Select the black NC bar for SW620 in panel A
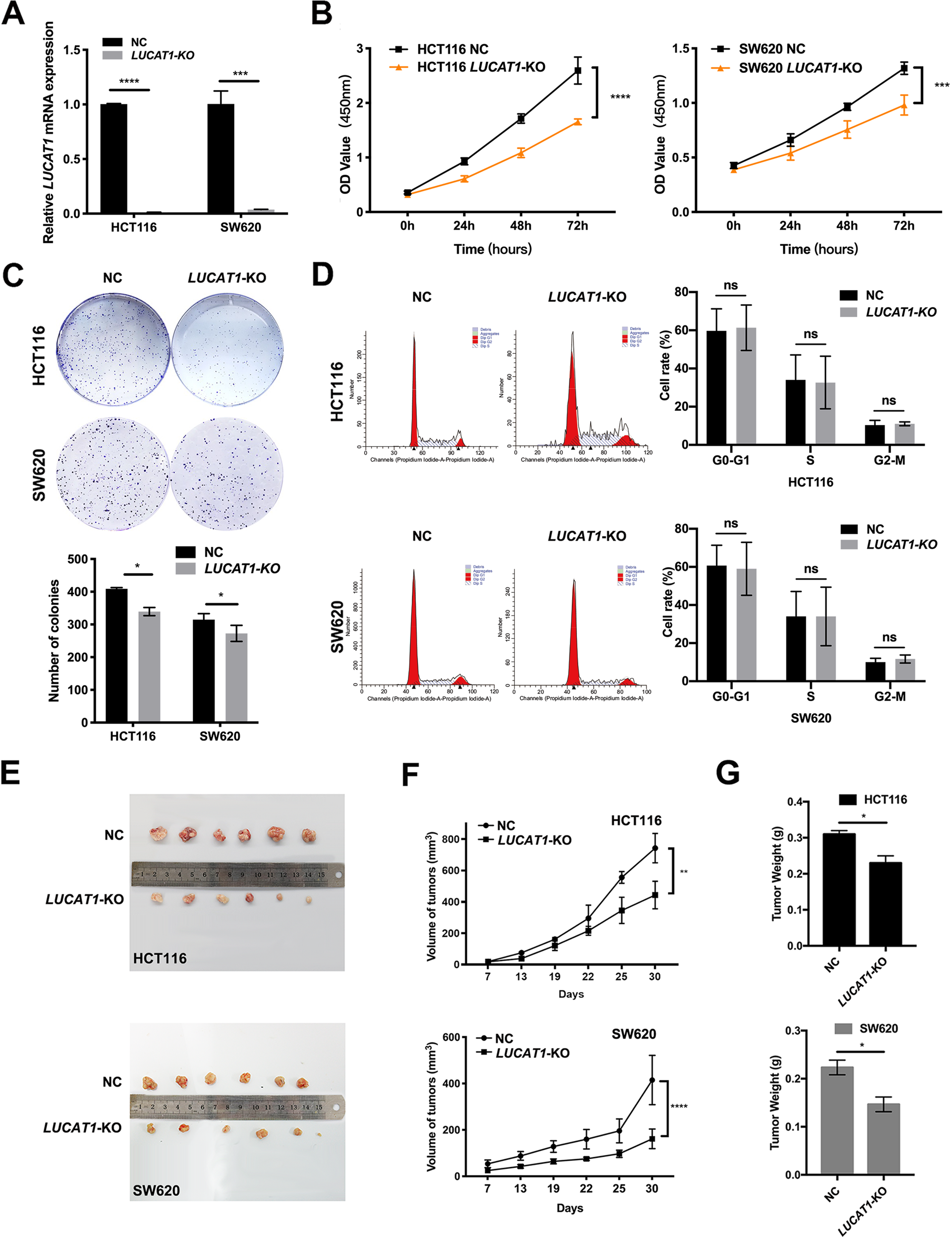point(221,158)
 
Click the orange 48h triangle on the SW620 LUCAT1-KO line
point(846,130)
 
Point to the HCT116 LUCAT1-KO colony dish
point(227,349)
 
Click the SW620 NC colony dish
point(112,474)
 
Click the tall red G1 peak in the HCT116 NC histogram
point(414,396)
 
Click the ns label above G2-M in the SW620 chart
point(889,637)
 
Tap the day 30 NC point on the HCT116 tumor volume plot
point(655,848)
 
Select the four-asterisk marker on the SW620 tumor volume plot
point(678,1106)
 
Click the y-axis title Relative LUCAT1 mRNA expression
point(49,133)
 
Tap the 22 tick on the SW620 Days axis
point(586,1188)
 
